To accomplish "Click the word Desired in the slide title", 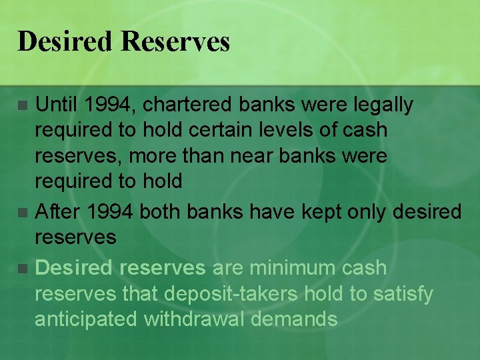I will (65, 41).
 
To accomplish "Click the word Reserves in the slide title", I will (175, 41).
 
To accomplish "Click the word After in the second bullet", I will (57, 212).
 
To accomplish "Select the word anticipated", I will (85, 319).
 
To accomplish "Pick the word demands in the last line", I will (297, 319).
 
